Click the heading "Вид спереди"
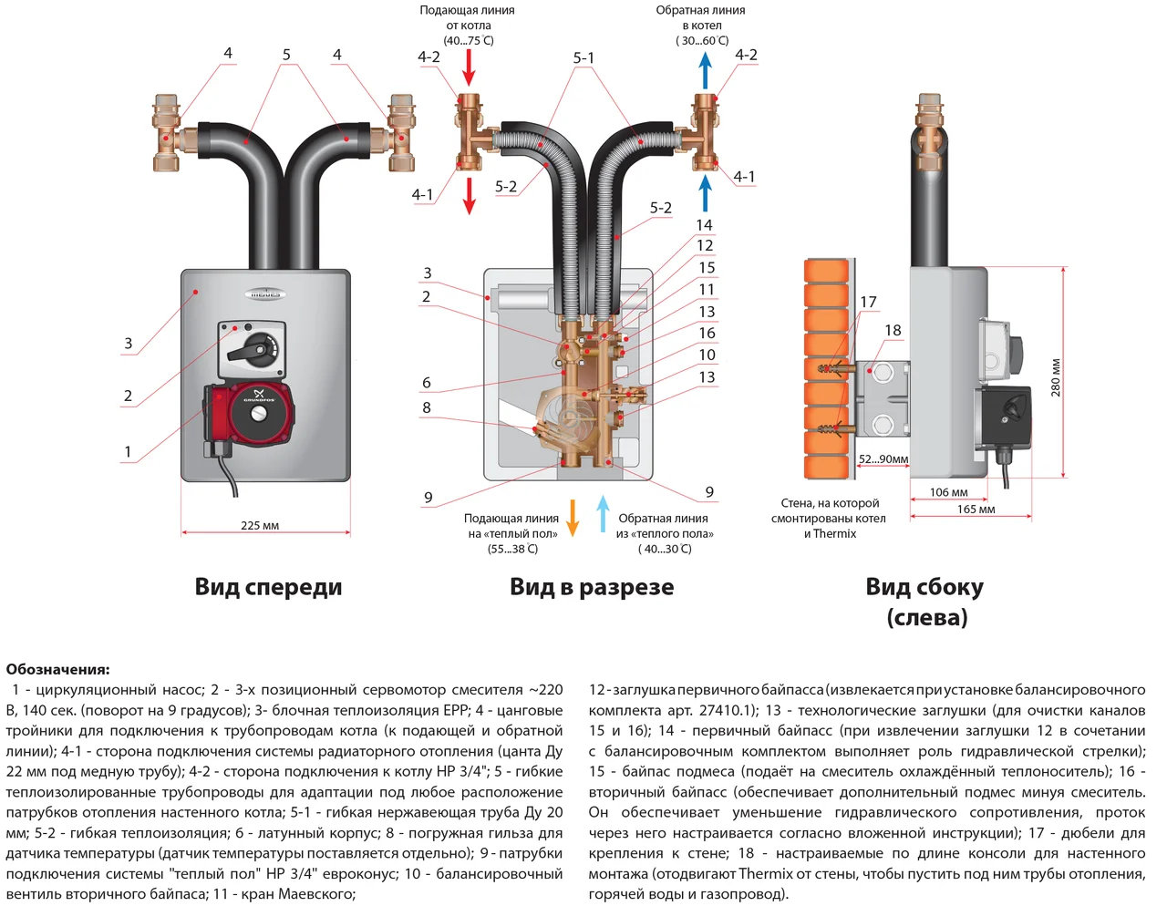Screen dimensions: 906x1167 pos(268,587)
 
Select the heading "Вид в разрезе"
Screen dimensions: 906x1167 pos(592,587)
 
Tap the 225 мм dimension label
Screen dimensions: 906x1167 pos(260,525)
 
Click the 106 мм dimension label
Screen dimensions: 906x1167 pos(948,492)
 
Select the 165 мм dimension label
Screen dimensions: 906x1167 pos(976,510)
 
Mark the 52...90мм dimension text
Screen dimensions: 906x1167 pos(883,459)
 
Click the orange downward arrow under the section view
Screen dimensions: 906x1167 pos(573,517)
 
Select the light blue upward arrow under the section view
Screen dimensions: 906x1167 pos(603,513)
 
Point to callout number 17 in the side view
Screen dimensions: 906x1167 pos(868,302)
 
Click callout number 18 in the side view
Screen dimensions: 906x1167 pos(893,330)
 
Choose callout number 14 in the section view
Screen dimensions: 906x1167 pos(704,225)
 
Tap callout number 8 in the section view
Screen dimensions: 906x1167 pos(427,407)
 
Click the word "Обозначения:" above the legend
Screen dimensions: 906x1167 pos(57,669)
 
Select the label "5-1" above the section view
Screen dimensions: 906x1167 pos(583,58)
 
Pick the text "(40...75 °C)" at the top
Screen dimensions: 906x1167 pos(469,40)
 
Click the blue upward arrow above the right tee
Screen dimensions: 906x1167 pos(705,70)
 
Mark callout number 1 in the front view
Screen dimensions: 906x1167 pos(128,451)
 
